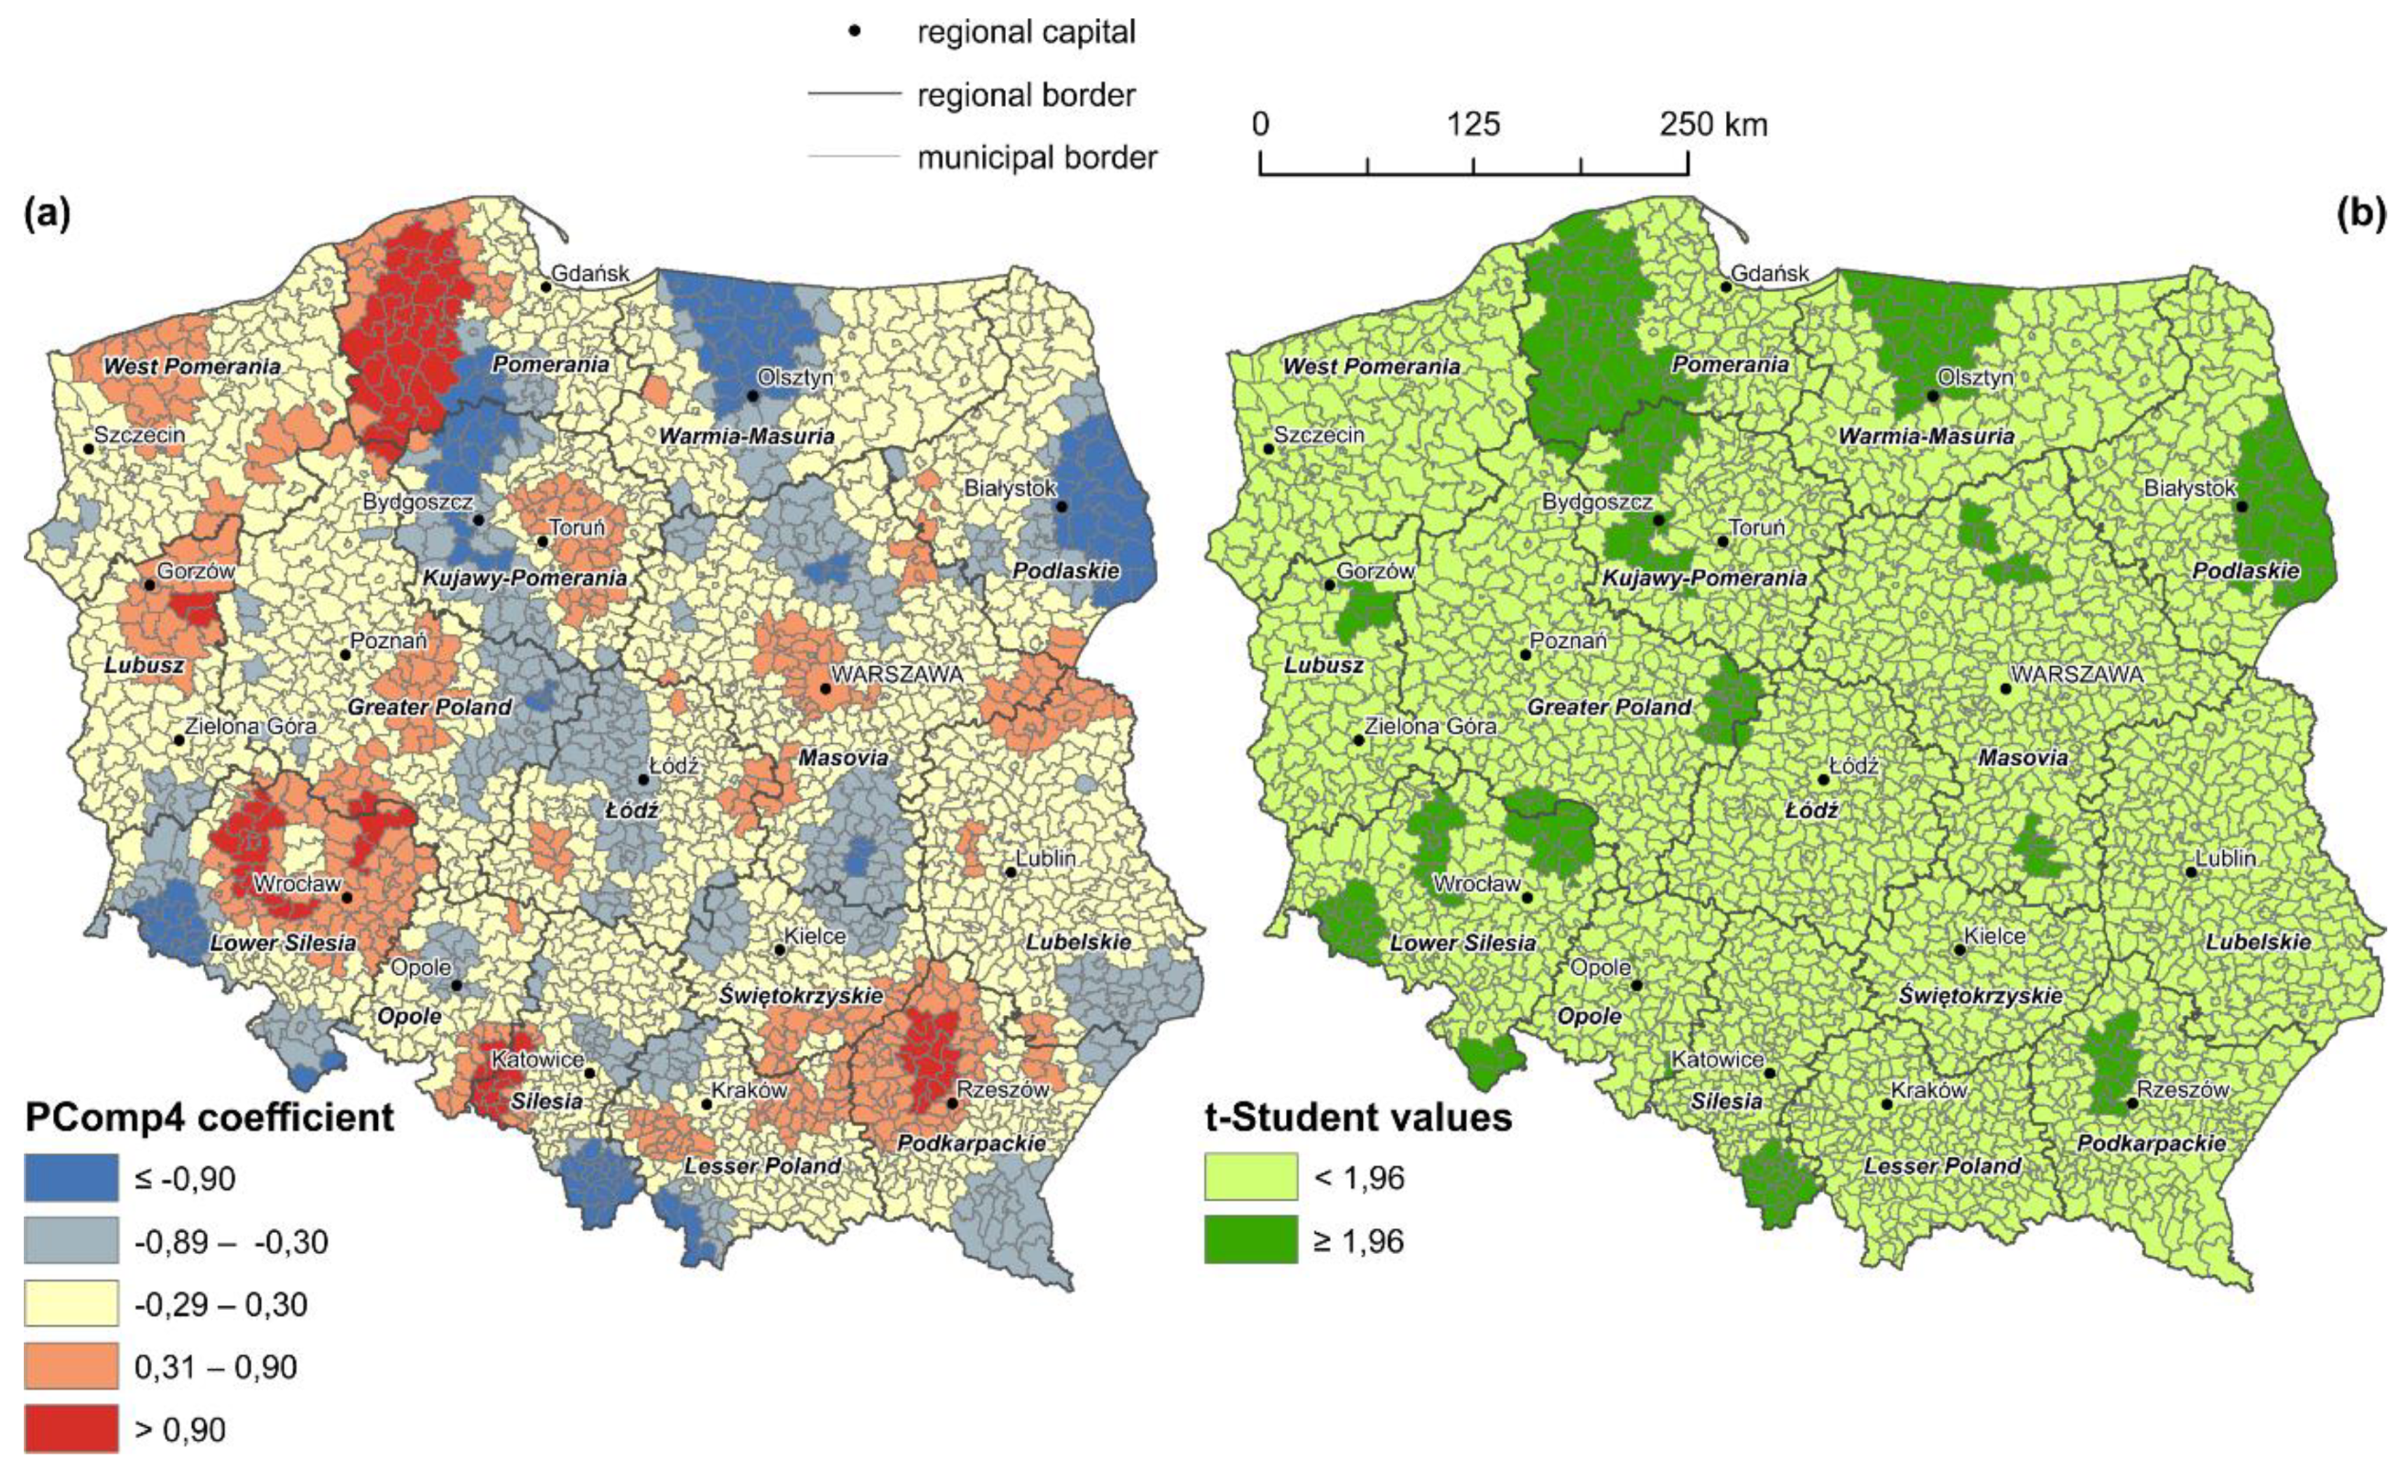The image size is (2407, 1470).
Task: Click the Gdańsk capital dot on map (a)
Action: pos(546,286)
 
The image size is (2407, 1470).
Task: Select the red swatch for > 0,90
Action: pos(71,1429)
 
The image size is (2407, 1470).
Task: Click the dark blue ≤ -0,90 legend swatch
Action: pos(71,1178)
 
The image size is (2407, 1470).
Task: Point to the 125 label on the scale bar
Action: pos(1473,125)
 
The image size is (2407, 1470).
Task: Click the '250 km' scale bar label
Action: pos(1713,125)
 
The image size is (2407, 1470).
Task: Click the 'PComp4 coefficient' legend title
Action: pos(209,1117)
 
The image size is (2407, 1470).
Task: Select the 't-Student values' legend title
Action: pos(1358,1117)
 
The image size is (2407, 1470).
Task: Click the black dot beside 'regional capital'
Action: pos(855,31)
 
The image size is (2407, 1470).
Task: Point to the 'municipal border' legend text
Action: pos(1036,157)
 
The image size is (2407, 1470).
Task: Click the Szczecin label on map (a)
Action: pos(140,434)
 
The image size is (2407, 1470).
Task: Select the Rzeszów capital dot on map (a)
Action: pos(952,1103)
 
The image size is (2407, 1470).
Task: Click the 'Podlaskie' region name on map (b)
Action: pos(2247,570)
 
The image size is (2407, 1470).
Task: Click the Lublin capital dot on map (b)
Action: pos(2191,871)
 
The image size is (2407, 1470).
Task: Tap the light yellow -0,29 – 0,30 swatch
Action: pos(71,1303)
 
